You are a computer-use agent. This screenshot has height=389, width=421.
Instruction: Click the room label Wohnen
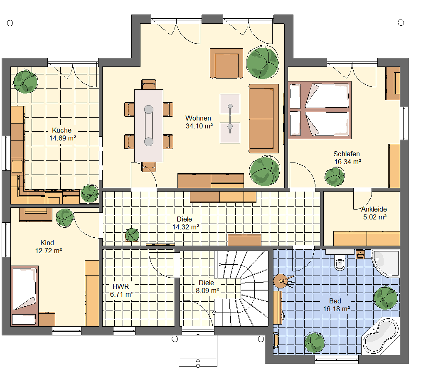tap(198, 118)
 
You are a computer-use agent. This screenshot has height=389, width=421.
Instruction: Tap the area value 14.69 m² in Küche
tap(63, 138)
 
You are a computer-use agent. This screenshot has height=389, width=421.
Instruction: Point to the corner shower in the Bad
tap(386, 263)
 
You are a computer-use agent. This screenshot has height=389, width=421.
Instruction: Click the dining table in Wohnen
tap(149, 126)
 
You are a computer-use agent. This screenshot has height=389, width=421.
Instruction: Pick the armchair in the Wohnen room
tap(227, 63)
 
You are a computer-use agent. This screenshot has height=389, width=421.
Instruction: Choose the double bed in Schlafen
tap(320, 110)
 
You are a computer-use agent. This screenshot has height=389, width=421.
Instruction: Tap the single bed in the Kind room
tap(25, 295)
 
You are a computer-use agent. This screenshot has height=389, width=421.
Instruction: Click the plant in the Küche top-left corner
tap(25, 81)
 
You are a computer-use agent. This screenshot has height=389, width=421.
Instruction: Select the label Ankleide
tap(374, 209)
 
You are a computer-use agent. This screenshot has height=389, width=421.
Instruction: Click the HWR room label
tap(121, 286)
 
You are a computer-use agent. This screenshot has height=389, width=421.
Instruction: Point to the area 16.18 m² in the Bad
tap(336, 309)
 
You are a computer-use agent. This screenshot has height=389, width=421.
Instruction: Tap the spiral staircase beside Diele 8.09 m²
tap(241, 288)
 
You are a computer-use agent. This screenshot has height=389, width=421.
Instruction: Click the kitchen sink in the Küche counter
tap(17, 166)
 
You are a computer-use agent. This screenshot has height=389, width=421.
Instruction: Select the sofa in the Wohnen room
tap(263, 119)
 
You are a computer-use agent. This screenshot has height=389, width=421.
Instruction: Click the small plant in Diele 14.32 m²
tap(132, 235)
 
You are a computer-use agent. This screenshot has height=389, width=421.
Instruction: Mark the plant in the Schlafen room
tap(335, 177)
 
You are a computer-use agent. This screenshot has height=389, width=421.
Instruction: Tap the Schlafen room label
tap(346, 154)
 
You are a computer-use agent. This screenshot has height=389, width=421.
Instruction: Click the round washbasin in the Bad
tap(281, 281)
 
